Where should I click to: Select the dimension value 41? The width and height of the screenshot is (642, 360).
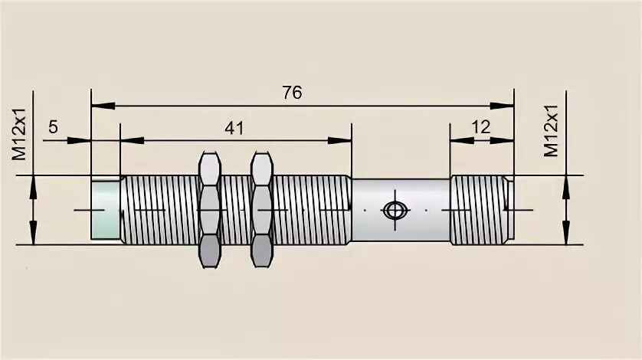point(234,128)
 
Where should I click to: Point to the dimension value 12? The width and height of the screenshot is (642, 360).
point(480,127)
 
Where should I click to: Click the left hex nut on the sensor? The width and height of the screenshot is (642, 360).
point(210,209)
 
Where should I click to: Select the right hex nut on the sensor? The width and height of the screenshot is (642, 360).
point(262,209)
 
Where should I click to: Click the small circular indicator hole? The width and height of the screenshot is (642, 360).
point(395,210)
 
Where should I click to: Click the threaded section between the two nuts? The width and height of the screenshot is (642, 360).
point(236,209)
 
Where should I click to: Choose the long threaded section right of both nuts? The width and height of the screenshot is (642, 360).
point(313,209)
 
